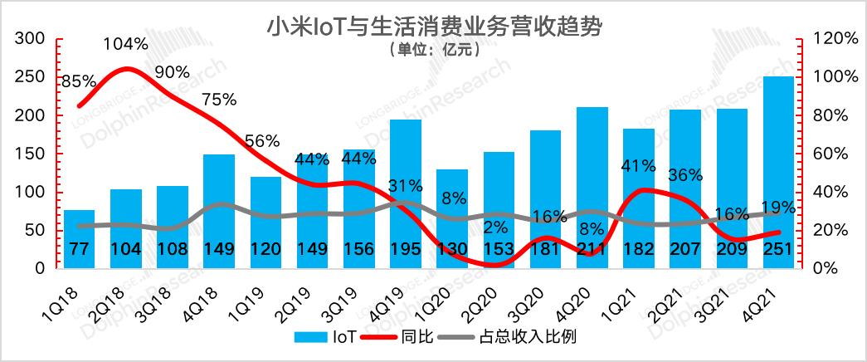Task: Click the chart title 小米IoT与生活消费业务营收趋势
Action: click(434, 27)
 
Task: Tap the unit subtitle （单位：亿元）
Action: click(434, 50)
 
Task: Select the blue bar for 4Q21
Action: click(778, 173)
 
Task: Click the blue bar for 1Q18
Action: click(79, 239)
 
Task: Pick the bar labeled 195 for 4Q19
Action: click(406, 194)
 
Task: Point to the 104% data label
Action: click(126, 44)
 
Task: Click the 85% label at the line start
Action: click(79, 82)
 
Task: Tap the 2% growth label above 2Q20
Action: click(494, 227)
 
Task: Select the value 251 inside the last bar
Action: click(778, 248)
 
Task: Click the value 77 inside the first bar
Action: click(79, 248)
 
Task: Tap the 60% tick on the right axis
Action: click(826, 154)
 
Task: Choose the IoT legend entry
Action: click(326, 336)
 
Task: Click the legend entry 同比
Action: click(398, 336)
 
